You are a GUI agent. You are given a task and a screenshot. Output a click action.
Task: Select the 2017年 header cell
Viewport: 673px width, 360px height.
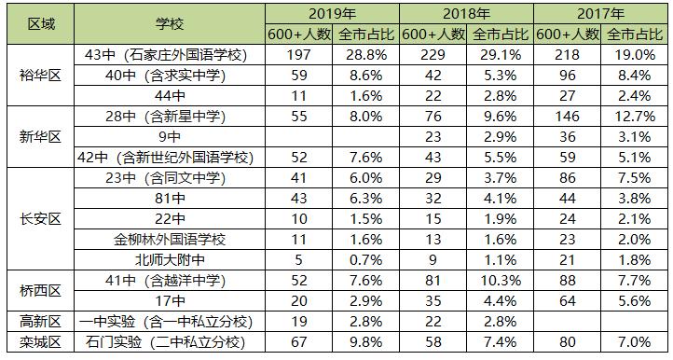pyautogui.click(x=601, y=15)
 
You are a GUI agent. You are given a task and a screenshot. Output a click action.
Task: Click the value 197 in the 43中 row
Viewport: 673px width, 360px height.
pyautogui.click(x=299, y=54)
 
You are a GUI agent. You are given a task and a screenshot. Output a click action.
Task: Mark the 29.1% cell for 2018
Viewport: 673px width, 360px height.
pyautogui.click(x=501, y=54)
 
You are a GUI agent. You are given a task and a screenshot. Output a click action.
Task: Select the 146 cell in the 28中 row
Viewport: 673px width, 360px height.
pyautogui.click(x=568, y=116)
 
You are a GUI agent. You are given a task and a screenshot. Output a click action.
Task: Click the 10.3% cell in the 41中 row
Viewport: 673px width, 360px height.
pyautogui.click(x=501, y=281)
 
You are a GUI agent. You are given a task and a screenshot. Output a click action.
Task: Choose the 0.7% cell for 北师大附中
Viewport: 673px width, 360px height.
pyautogui.click(x=366, y=259)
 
